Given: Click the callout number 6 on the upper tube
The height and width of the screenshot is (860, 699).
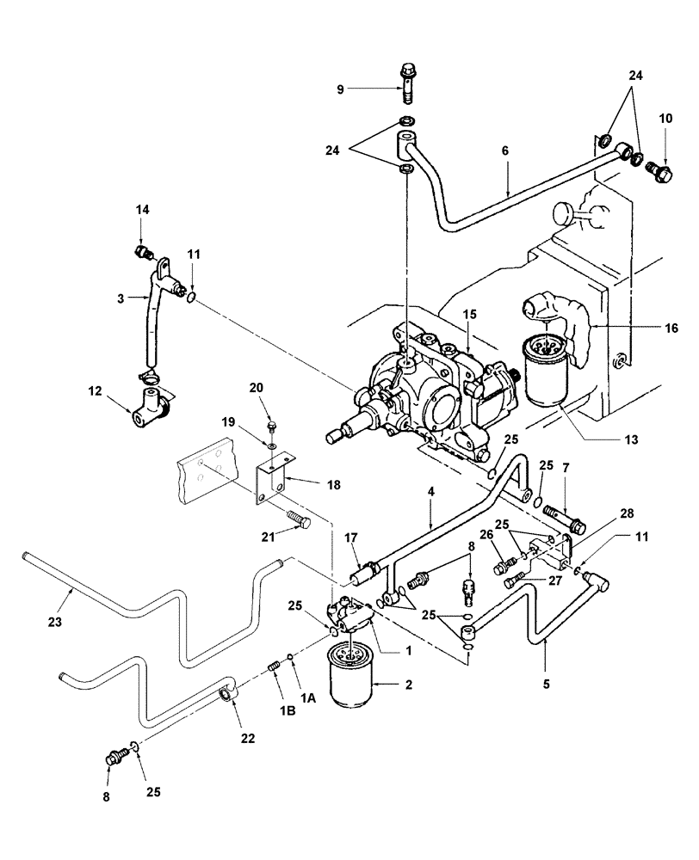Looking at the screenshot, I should [x=505, y=150].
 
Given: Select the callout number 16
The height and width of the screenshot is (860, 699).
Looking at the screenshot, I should [x=671, y=328].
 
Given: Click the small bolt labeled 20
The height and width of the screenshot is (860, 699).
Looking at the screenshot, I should [x=272, y=425].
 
